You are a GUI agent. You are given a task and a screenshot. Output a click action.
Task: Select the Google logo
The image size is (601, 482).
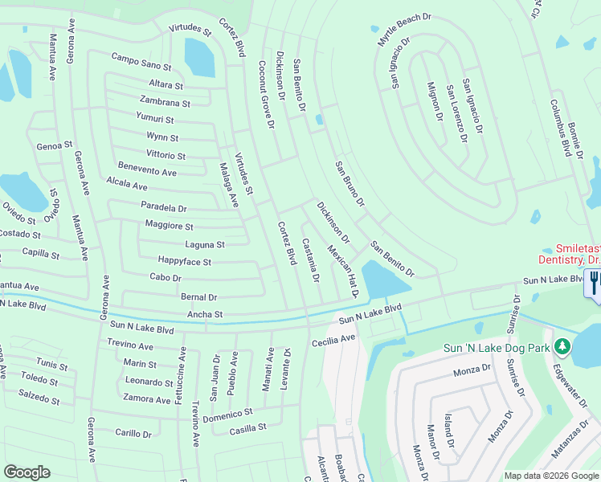(x=27, y=472)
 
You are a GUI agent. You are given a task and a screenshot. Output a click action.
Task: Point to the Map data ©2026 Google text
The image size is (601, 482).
(x=551, y=476)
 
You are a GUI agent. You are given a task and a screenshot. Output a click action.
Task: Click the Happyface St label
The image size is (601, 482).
(x=184, y=262)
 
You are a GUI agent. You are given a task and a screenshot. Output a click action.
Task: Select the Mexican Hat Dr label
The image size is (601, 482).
(x=342, y=271)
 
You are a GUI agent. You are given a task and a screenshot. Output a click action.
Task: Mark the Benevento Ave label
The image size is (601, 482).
(x=147, y=172)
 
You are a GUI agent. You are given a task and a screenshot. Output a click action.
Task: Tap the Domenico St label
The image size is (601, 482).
(x=227, y=414)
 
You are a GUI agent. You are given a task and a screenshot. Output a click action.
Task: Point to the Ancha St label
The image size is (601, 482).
(x=204, y=315)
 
